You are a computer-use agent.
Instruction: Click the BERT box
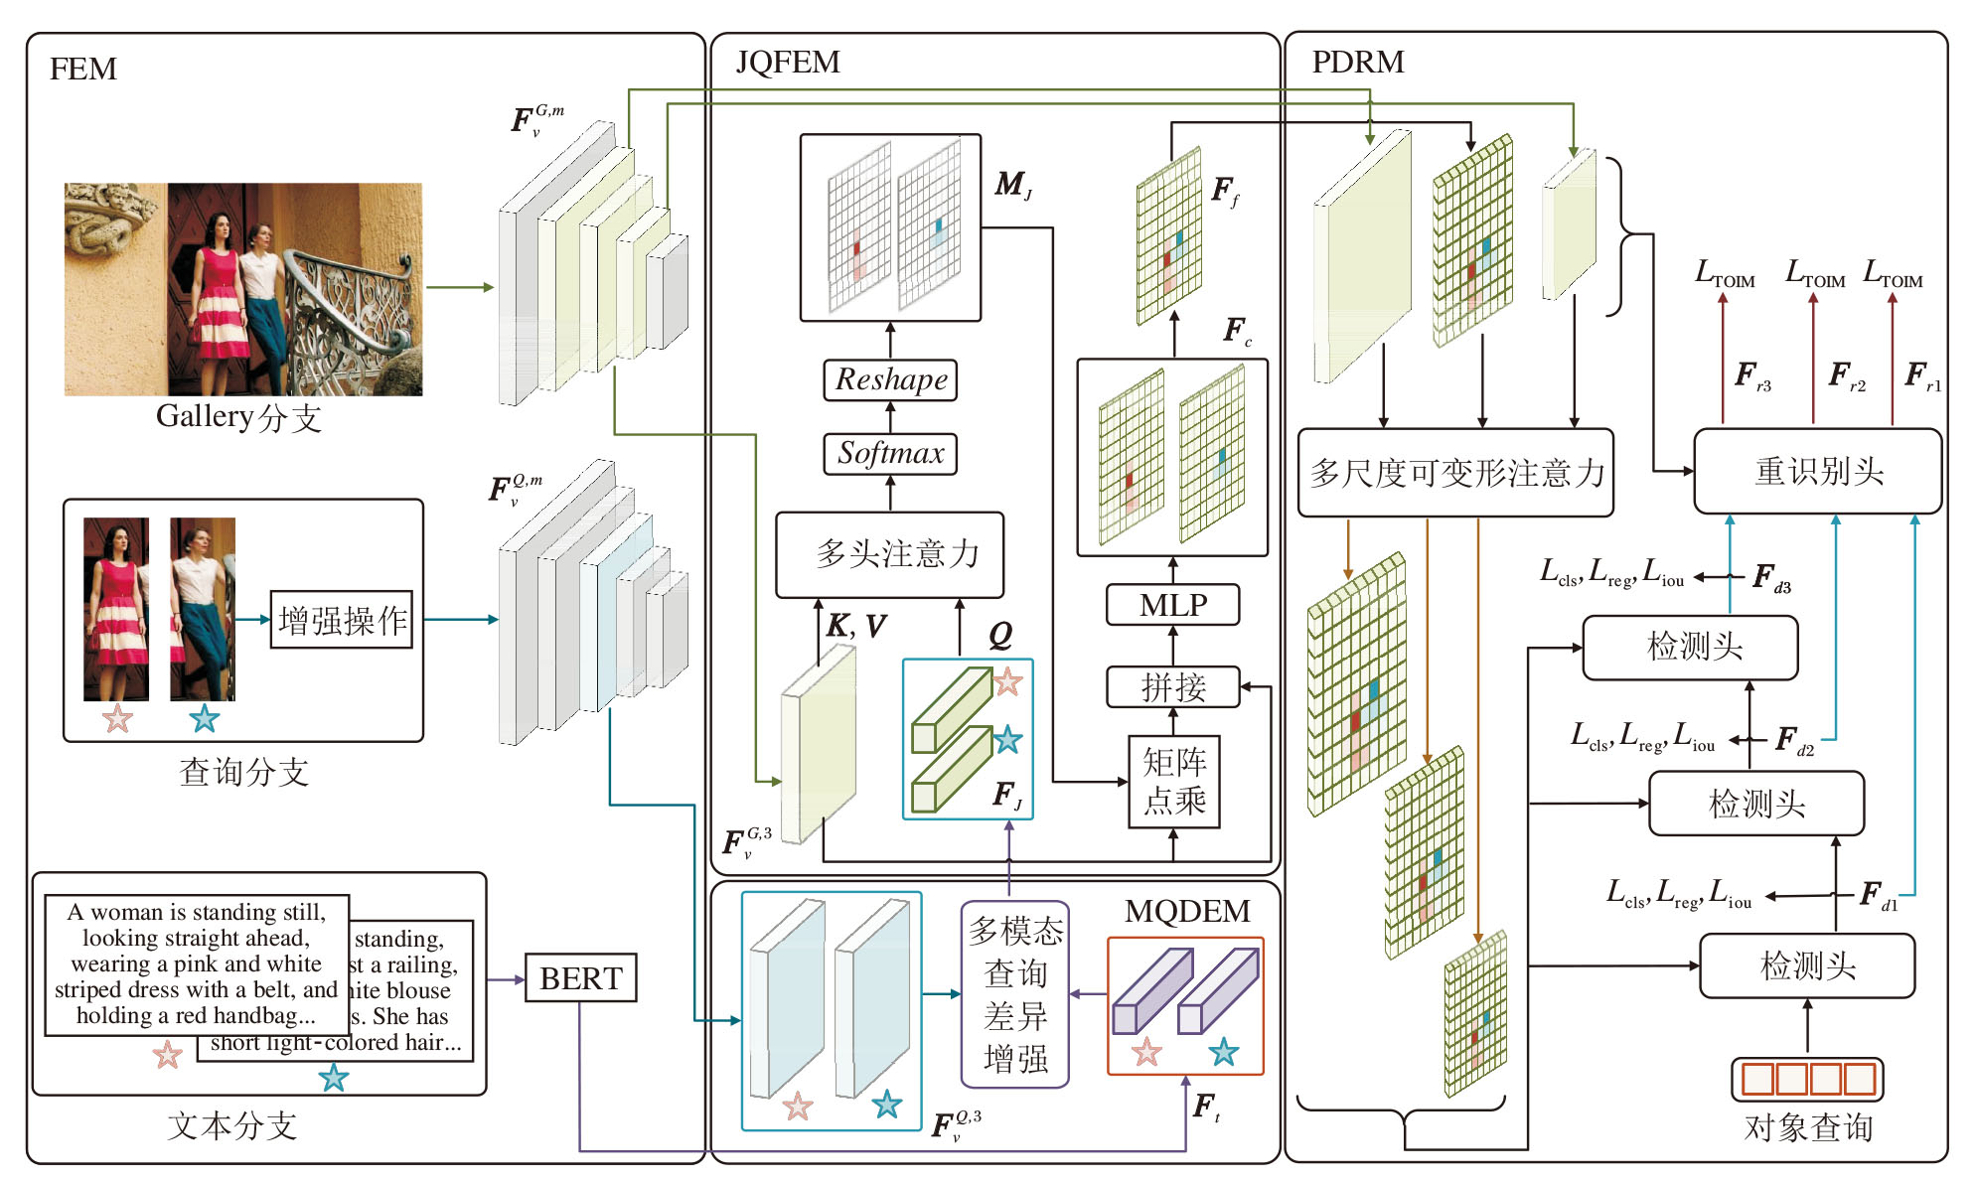(x=580, y=978)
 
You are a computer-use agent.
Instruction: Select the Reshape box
(x=890, y=379)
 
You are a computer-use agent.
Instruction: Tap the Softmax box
(x=890, y=454)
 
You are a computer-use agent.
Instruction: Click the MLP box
(x=1173, y=604)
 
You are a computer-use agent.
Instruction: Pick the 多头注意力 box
(x=890, y=554)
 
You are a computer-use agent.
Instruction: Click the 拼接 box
(x=1173, y=686)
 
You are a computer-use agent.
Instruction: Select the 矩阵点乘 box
(x=1173, y=781)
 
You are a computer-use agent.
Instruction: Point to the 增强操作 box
(x=342, y=620)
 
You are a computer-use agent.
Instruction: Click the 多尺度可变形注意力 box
(x=1455, y=473)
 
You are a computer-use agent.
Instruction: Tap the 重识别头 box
(x=1817, y=471)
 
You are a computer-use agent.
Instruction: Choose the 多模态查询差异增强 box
(x=1015, y=993)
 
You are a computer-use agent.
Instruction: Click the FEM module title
(x=83, y=69)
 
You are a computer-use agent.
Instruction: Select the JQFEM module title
(x=788, y=62)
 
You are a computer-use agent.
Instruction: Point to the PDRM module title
(x=1357, y=62)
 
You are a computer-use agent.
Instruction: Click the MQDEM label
(x=1187, y=911)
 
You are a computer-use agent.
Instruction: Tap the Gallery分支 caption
(x=238, y=417)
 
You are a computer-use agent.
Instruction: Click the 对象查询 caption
(x=1807, y=1127)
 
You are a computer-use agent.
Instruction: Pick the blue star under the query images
(x=205, y=718)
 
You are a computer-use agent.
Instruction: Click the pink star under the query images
(x=117, y=718)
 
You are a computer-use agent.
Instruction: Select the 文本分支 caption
(x=232, y=1125)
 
